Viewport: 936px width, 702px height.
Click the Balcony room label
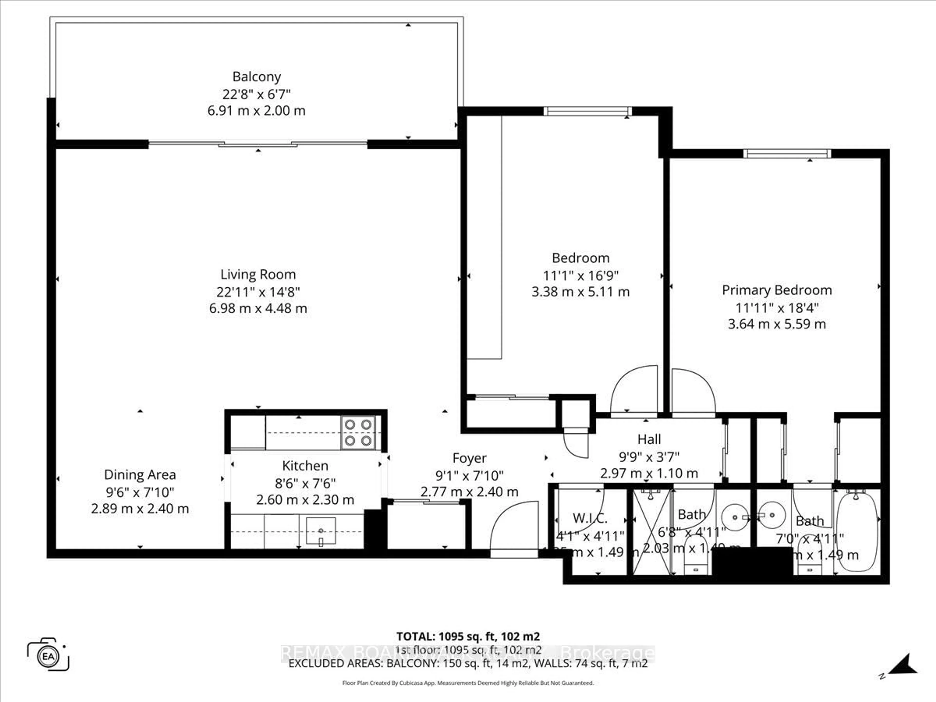click(x=256, y=77)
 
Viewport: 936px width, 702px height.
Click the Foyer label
click(x=469, y=458)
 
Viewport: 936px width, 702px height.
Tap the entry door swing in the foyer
click(x=514, y=527)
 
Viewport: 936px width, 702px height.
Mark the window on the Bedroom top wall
click(x=587, y=111)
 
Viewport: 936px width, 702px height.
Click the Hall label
click(x=649, y=439)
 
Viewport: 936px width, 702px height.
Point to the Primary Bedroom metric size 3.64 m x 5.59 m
click(x=777, y=324)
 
